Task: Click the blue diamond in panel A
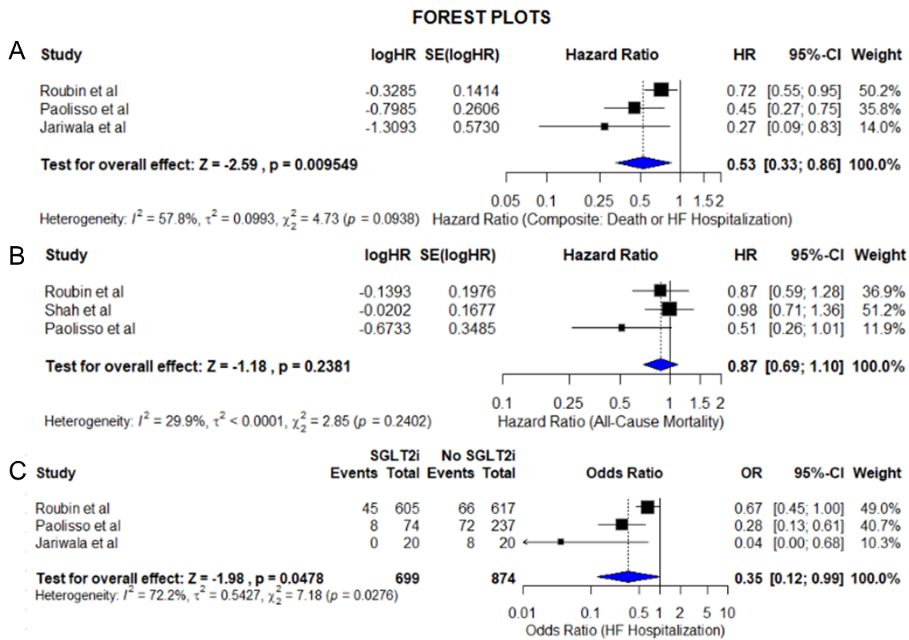click(642, 164)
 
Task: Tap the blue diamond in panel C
click(628, 577)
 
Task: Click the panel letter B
click(15, 255)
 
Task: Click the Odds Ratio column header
click(611, 472)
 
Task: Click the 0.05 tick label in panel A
click(506, 198)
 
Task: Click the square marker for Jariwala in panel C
click(561, 542)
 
